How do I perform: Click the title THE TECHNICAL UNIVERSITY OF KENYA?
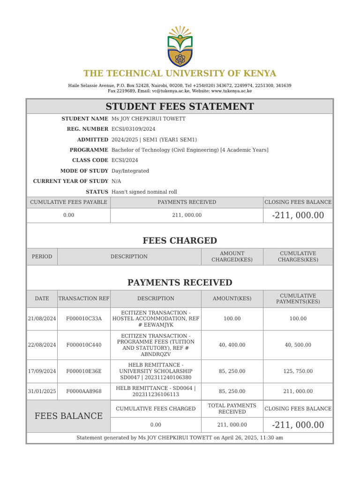tap(180, 74)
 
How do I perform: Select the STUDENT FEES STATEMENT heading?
tap(180, 106)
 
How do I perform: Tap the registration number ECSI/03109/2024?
tap(133, 129)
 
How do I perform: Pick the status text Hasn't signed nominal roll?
tap(144, 192)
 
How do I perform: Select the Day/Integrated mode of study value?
tap(130, 171)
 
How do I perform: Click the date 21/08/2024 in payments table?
tap(42, 318)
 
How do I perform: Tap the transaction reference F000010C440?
tap(83, 345)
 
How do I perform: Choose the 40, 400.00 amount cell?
tap(232, 345)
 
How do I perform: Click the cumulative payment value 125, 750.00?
tap(298, 371)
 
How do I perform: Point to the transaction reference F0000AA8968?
tap(83, 391)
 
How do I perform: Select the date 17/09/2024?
tap(42, 371)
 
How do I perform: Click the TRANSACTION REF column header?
tap(83, 299)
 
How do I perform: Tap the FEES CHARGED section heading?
tap(180, 241)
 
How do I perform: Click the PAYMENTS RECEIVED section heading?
tap(180, 283)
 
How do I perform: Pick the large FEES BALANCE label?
tap(68, 416)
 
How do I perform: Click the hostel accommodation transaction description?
tap(155, 318)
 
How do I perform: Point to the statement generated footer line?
tap(180, 438)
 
